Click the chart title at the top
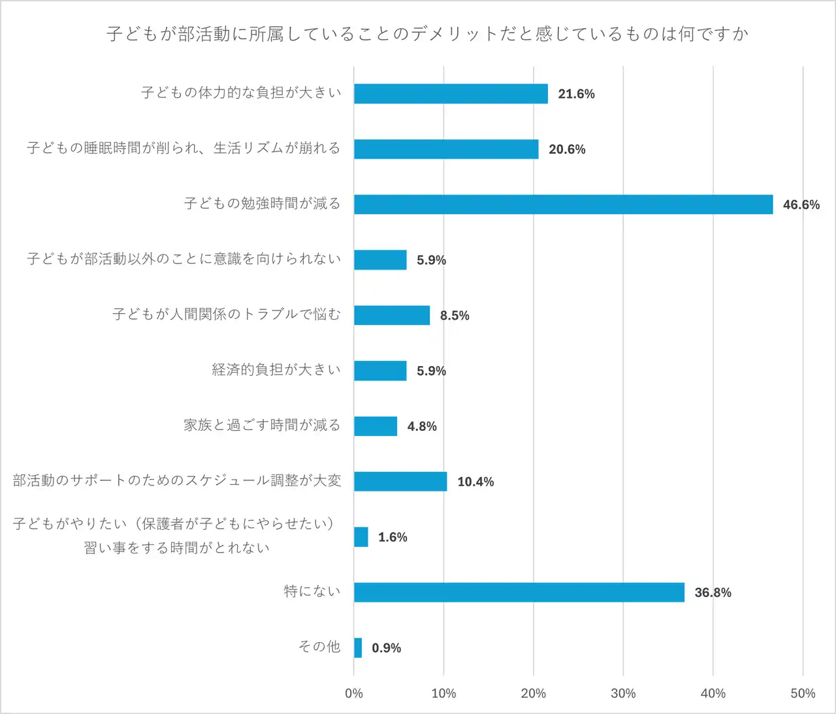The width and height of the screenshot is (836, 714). coord(427,34)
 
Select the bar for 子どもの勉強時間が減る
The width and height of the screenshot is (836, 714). coord(563,204)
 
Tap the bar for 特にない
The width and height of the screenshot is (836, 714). coord(519,592)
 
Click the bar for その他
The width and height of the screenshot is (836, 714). coord(358,647)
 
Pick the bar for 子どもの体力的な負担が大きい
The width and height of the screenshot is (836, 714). coord(451,93)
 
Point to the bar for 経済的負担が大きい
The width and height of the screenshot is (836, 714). coord(380,371)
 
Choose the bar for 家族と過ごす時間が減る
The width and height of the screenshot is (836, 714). coord(376,426)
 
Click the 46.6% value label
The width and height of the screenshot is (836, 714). coord(801,205)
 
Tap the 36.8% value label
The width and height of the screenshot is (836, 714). coord(713,593)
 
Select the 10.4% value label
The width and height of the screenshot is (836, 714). coord(475,482)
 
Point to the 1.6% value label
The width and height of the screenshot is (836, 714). coord(393,537)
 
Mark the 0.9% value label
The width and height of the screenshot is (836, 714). coord(386,648)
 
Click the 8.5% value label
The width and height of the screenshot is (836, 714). coord(455,316)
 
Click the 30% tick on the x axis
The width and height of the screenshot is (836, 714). coord(623,693)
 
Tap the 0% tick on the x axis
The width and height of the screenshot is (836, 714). coord(354,693)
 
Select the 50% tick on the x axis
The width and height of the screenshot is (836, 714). coord(803,693)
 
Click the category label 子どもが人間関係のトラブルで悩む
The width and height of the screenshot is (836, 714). coord(226,315)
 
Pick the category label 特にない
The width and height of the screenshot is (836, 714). coord(312,591)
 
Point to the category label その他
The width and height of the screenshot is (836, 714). coord(319,646)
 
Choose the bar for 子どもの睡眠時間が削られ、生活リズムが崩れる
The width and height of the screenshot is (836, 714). coord(446,149)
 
